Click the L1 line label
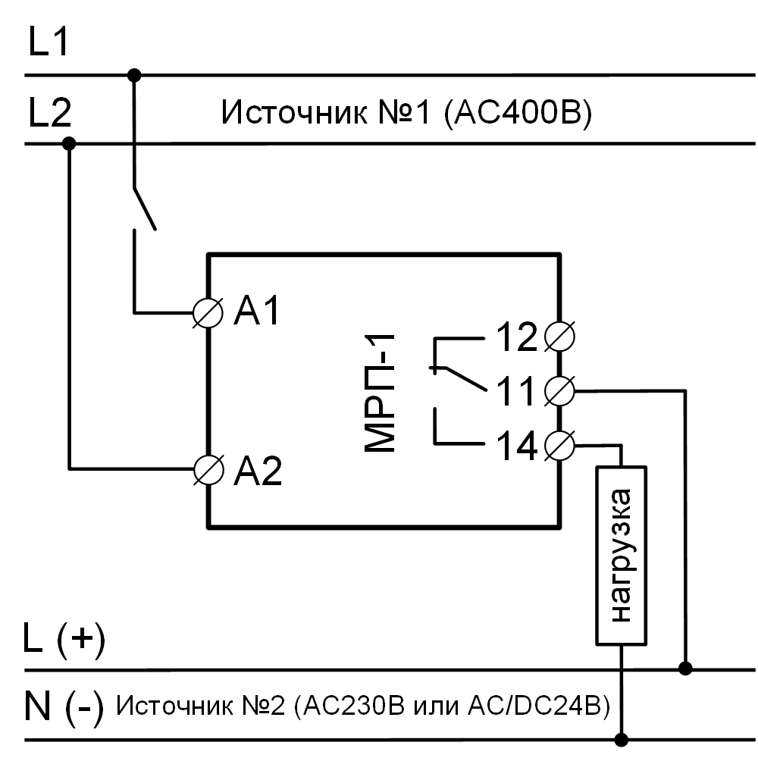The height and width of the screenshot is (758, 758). point(49,44)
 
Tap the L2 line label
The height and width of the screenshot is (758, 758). point(49,114)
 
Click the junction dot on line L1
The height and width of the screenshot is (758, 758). point(134,74)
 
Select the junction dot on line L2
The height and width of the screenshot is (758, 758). point(69,143)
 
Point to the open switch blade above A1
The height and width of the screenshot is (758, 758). point(145,207)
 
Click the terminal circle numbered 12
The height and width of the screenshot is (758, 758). point(559,336)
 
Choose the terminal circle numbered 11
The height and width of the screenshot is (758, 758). point(560,391)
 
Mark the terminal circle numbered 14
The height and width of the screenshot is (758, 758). point(560,445)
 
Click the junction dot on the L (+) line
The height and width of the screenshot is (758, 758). point(685,669)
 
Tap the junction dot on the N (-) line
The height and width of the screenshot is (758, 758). point(622,739)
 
